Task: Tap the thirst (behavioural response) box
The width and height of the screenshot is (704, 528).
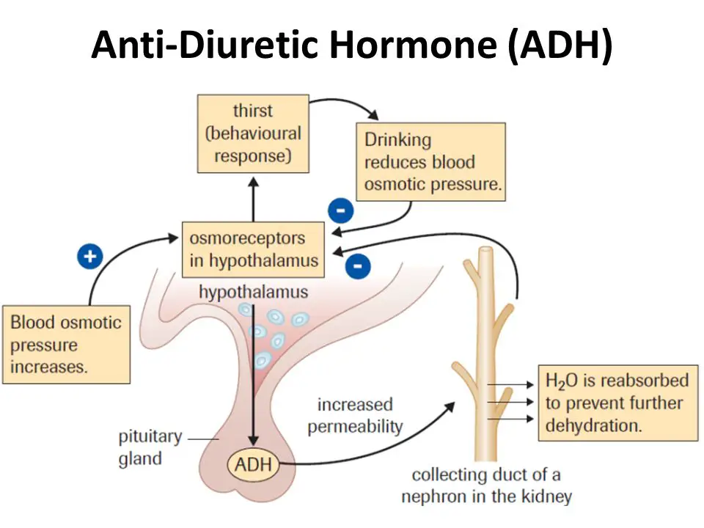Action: click(x=253, y=133)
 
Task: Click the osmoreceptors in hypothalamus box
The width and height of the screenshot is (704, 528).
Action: click(x=253, y=249)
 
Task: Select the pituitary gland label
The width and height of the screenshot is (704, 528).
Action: click(x=150, y=447)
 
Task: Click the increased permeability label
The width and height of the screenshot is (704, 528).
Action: click(x=355, y=415)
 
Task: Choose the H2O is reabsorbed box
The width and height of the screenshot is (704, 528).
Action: click(x=617, y=403)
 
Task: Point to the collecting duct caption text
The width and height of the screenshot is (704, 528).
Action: click(x=486, y=485)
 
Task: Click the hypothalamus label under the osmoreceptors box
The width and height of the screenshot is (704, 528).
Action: click(x=253, y=293)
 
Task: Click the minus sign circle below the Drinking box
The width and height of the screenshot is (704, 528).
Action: click(x=341, y=211)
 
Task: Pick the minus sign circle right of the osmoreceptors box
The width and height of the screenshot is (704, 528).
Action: click(x=357, y=265)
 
